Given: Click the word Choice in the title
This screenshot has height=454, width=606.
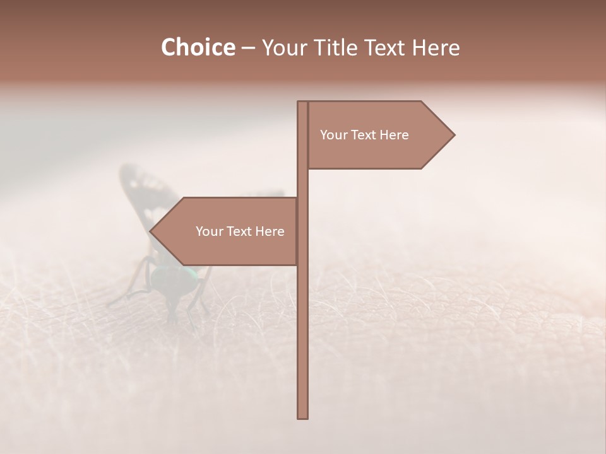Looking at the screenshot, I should (x=198, y=48).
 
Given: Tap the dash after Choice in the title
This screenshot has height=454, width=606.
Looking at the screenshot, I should (x=248, y=49).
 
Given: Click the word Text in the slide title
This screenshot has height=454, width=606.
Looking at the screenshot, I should (x=384, y=48).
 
